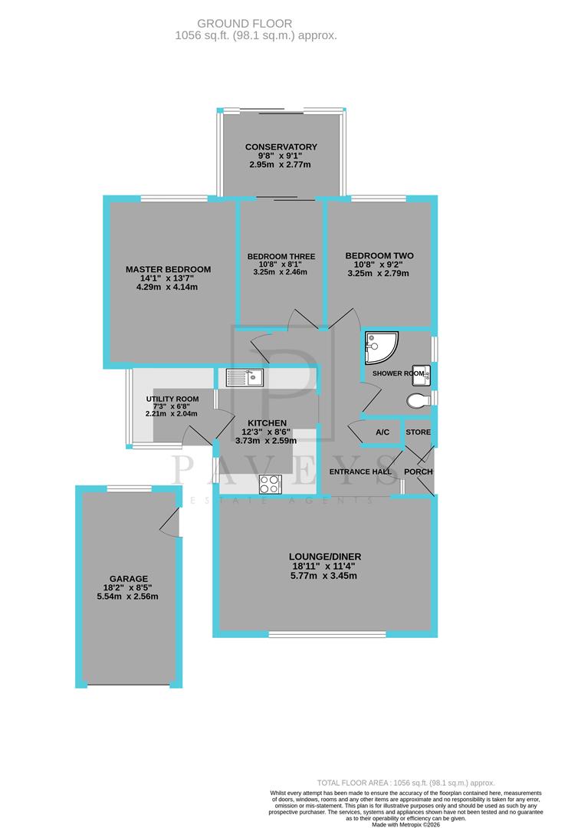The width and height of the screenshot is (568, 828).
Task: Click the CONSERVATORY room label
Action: pos(281,147)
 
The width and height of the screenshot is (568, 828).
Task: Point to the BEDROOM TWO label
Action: pos(379,256)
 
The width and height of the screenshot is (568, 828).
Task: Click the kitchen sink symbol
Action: pos(245,376)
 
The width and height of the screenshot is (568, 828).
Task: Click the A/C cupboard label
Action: pos(382,432)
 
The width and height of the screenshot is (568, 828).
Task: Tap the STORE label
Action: pos(419,432)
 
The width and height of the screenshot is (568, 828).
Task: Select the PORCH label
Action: pos(419,472)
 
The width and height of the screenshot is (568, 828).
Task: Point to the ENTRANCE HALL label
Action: pos(360,472)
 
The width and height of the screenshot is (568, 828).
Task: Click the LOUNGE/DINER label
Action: pos(325,557)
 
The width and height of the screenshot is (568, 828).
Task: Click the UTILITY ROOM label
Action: pos(172,399)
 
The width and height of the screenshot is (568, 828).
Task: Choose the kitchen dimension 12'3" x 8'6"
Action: pos(267,432)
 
